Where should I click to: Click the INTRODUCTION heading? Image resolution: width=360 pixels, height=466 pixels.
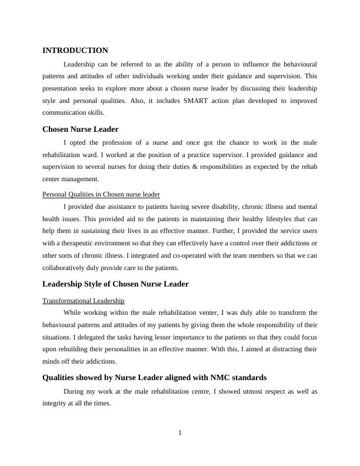(75, 51)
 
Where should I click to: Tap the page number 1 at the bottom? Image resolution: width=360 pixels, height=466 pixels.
(180, 433)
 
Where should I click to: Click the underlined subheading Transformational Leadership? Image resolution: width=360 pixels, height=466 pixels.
(84, 301)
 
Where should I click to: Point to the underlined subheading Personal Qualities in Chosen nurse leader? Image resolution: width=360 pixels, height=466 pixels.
(101, 194)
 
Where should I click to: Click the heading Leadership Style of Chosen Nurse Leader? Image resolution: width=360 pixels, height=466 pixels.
(115, 284)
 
